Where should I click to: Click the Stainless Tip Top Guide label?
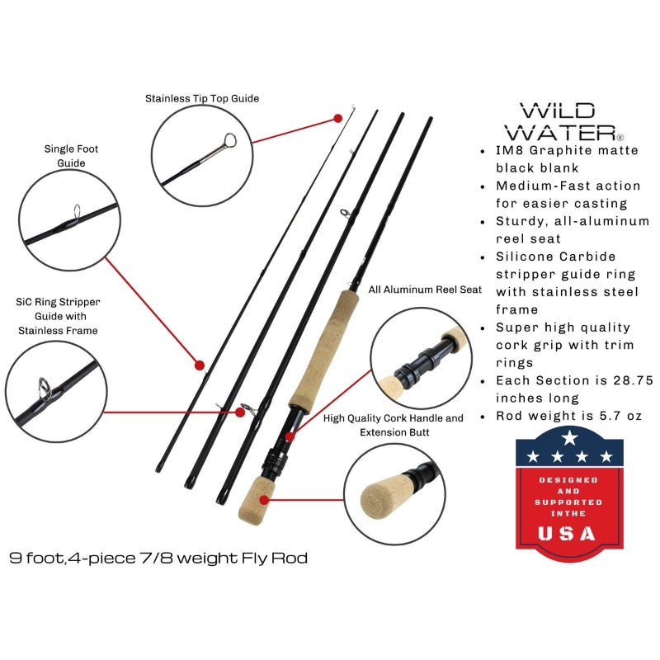pyautogui.click(x=202, y=98)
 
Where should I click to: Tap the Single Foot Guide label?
pyautogui.click(x=65, y=156)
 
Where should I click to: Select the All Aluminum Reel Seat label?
pyautogui.click(x=425, y=290)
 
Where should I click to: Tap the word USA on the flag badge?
pyautogui.click(x=566, y=533)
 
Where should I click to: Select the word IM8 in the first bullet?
pyautogui.click(x=508, y=150)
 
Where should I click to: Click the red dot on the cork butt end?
pyautogui.click(x=265, y=497)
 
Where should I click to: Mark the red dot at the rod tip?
pyautogui.click(x=338, y=118)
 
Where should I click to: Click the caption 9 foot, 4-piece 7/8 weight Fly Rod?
pyautogui.click(x=159, y=559)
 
